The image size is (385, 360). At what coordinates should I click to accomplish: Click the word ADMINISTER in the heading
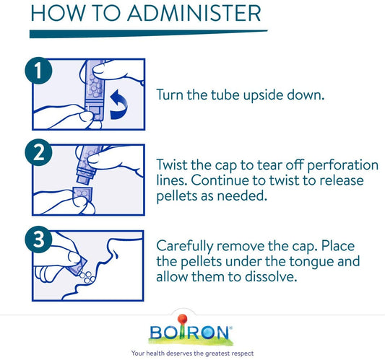[194, 13]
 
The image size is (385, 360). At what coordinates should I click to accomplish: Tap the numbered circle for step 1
[38, 71]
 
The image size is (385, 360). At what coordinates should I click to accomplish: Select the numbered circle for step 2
[38, 152]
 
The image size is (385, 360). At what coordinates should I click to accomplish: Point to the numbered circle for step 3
[38, 240]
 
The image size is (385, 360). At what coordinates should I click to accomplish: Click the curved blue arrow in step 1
[119, 105]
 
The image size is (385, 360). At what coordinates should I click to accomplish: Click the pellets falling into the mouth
[87, 277]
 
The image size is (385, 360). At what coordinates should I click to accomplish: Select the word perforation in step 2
[343, 165]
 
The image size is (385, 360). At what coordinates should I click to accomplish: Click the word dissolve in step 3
[271, 277]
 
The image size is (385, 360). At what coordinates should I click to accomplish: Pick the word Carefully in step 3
[185, 247]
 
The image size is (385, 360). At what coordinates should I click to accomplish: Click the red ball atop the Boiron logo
[183, 319]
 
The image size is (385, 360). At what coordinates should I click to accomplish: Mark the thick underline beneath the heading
[148, 34]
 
